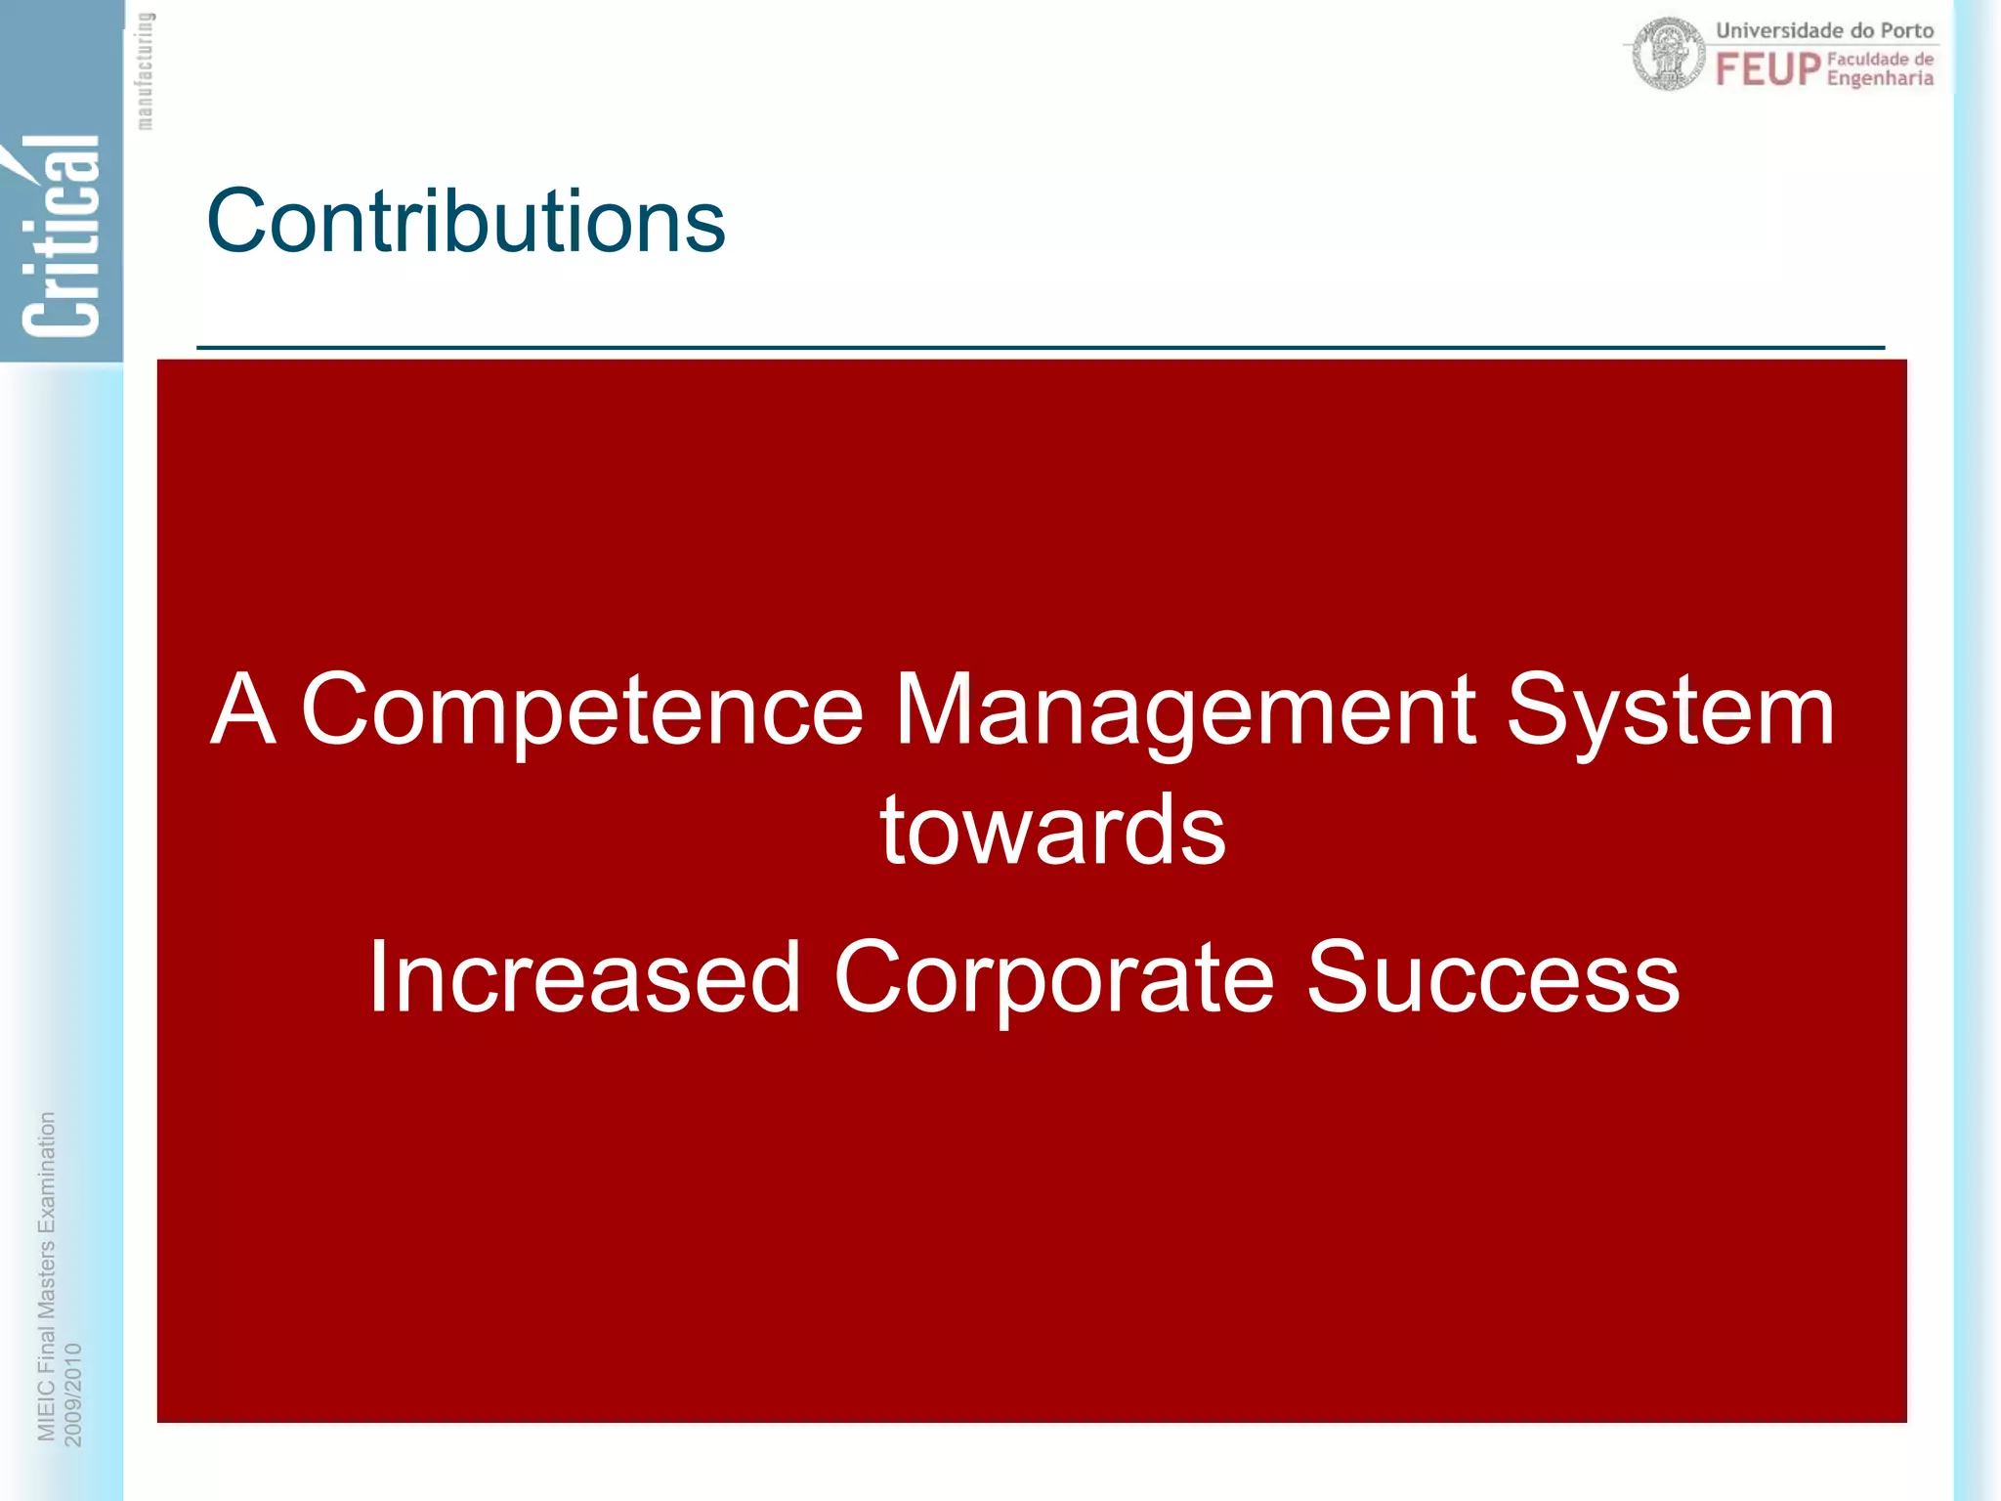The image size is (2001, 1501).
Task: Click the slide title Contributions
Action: coord(466,222)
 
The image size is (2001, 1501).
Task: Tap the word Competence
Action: coord(582,711)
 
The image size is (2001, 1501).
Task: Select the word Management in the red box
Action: coord(1184,711)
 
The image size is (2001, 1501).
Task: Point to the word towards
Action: coord(1052,831)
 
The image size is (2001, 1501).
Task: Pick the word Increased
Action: coord(584,977)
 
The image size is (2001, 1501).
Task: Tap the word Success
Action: coord(1493,977)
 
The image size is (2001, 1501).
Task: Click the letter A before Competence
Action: coord(243,709)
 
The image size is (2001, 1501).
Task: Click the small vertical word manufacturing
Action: coord(145,70)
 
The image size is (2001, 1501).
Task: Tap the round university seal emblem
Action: coord(1669,54)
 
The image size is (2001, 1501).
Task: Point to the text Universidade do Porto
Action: coord(1824,30)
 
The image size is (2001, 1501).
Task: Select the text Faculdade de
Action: coord(1880,59)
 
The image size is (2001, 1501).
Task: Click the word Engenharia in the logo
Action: coord(1880,78)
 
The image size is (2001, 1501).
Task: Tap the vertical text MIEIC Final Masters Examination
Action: coord(46,1275)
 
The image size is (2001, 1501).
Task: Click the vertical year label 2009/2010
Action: coord(73,1394)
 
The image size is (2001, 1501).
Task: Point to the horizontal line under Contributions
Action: coord(1040,347)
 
